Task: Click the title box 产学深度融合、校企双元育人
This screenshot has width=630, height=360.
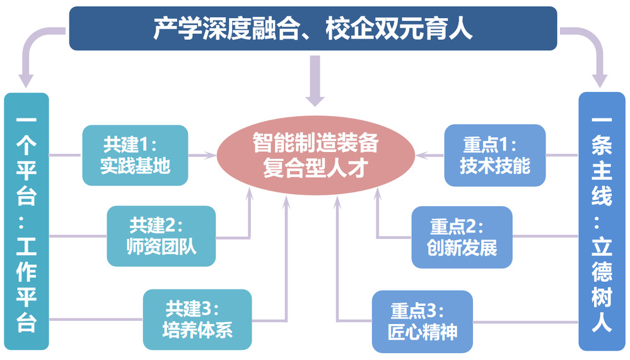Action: coord(313,28)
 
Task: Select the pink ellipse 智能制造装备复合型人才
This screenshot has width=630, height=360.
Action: coord(315,155)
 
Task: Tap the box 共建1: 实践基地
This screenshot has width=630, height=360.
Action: coord(135,155)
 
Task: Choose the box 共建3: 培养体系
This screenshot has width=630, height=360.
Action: coord(197,319)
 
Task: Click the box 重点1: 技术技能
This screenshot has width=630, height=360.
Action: coord(494,155)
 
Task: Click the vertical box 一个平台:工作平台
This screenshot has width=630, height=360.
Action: coord(26,221)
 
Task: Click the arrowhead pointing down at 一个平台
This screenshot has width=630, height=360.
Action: coord(26,80)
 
